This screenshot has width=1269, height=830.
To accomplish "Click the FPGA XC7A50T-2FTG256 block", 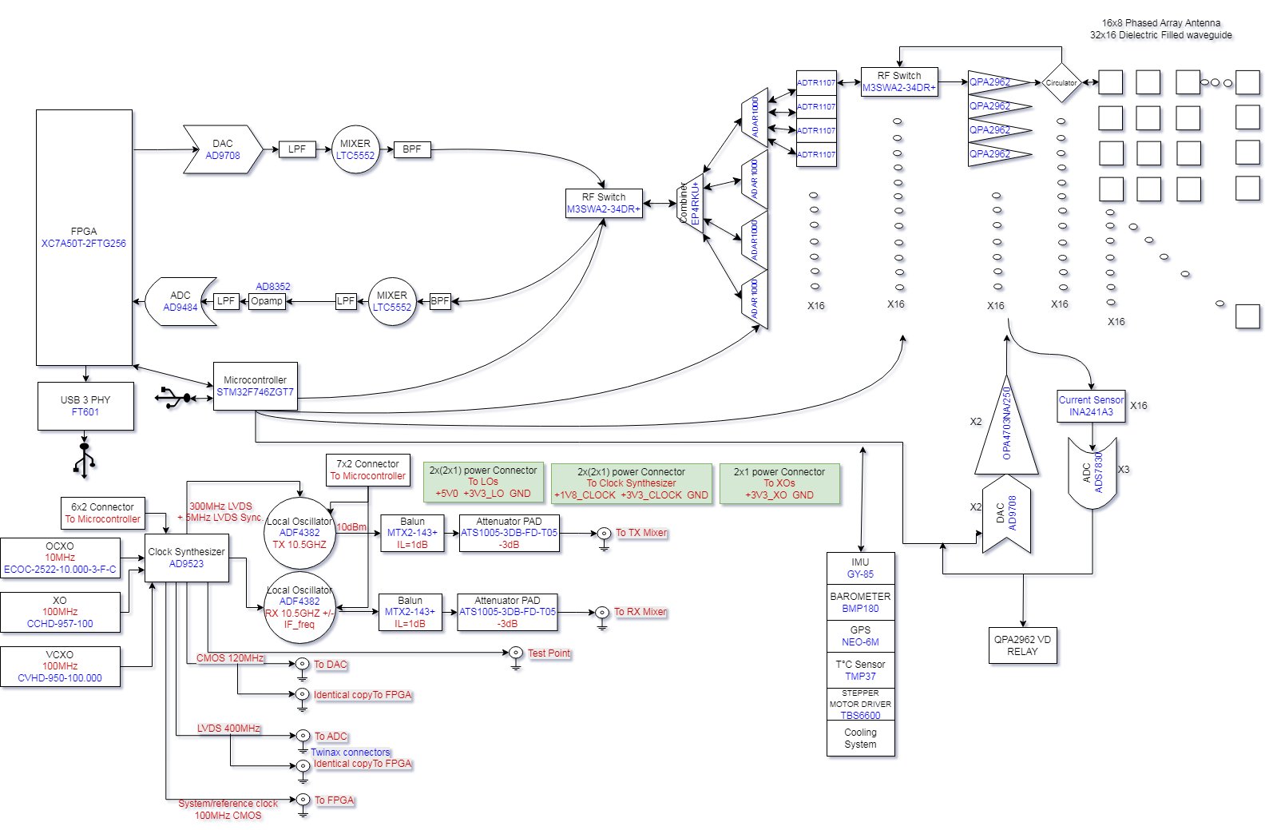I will pyautogui.click(x=84, y=237).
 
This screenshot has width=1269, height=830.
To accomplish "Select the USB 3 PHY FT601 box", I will pyautogui.click(x=85, y=406).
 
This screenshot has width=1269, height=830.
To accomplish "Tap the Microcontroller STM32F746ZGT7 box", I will pyautogui.click(x=255, y=387).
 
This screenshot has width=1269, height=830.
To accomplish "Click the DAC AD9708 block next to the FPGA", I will pyautogui.click(x=223, y=149).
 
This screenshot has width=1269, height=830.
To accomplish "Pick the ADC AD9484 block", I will pyautogui.click(x=181, y=301).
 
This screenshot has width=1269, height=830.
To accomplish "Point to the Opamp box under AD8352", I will pyautogui.click(x=267, y=301).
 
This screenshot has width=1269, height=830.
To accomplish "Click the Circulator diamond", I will pyautogui.click(x=1061, y=82).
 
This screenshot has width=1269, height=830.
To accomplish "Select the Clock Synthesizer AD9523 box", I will pyautogui.click(x=186, y=558).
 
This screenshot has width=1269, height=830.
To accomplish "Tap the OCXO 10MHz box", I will pyautogui.click(x=60, y=558).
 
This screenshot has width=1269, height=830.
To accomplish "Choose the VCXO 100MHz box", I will pyautogui.click(x=60, y=666).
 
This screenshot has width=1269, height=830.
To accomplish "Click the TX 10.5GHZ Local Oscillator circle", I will pyautogui.click(x=299, y=533).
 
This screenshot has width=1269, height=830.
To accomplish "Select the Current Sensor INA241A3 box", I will pyautogui.click(x=1091, y=406).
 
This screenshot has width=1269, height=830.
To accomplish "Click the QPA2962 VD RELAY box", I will pyautogui.click(x=1022, y=645).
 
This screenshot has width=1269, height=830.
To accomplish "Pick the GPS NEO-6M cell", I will pyautogui.click(x=860, y=636).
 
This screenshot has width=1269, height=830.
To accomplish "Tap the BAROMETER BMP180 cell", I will pyautogui.click(x=860, y=602).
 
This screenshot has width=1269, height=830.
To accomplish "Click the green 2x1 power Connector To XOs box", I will pyautogui.click(x=779, y=483).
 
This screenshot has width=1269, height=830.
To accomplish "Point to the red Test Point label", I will pyautogui.click(x=549, y=653).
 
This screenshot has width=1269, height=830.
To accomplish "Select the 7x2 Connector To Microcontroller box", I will pyautogui.click(x=368, y=470).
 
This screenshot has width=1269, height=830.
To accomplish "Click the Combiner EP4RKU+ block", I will pyautogui.click(x=690, y=204).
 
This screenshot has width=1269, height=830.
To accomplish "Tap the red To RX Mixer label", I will pyautogui.click(x=640, y=612).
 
